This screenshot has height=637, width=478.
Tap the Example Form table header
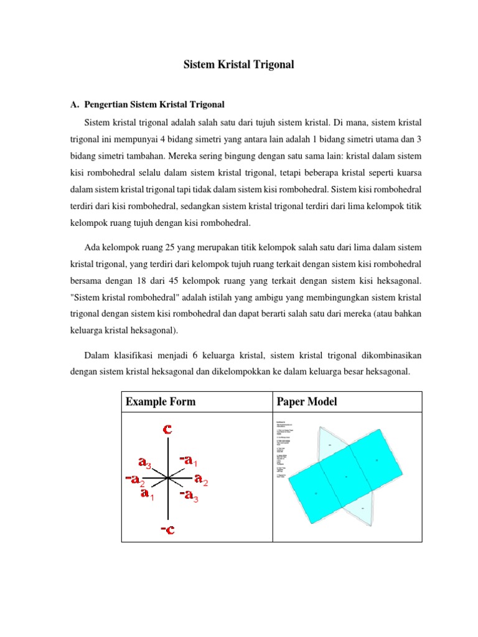click(161, 402)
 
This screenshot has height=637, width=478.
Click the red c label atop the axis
click(167, 429)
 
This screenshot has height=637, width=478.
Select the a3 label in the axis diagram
click(145, 462)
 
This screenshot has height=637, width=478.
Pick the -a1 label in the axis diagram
click(188, 460)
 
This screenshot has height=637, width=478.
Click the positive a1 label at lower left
click(147, 495)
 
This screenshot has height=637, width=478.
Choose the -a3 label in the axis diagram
click(188, 495)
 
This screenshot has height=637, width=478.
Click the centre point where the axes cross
click(168, 478)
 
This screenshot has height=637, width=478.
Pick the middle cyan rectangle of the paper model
click(345, 476)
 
